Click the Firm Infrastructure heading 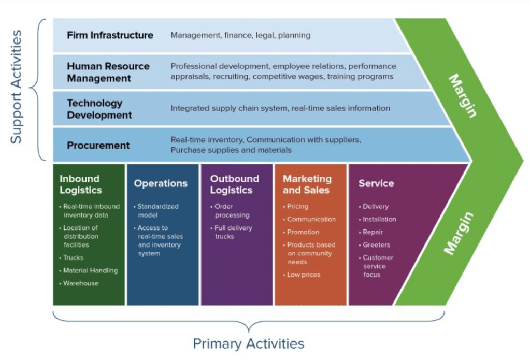coord(110,35)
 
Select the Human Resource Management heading coord(108,73)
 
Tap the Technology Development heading coord(99,109)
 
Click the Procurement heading coord(98,146)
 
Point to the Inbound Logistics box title coord(80,184)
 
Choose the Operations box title coord(161,183)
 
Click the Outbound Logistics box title coord(234,184)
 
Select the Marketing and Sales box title coord(307,184)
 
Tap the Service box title coord(376,183)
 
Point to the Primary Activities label coord(249,343)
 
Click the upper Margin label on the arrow coord(462,96)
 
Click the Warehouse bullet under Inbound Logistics coord(81,283)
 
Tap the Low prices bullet coord(304,275)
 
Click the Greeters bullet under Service coord(376,244)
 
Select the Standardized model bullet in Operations coord(157,210)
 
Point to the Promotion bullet coord(303,232)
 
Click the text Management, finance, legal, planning coord(240,35)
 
